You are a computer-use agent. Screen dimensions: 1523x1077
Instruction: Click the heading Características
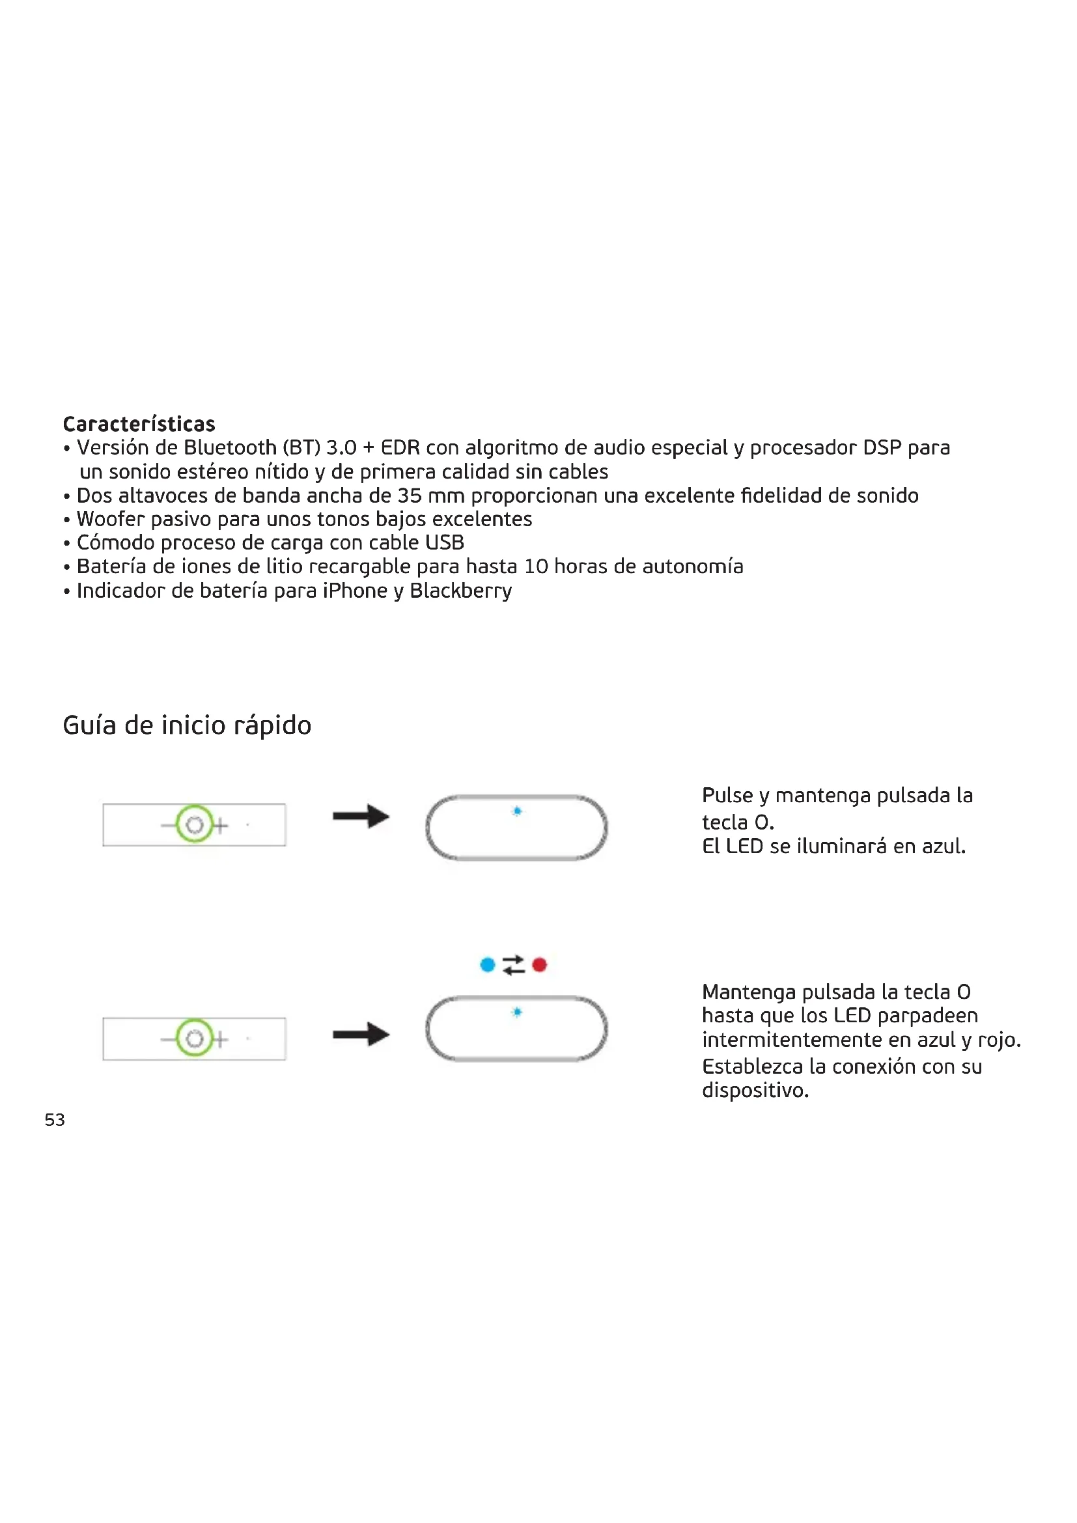tap(139, 423)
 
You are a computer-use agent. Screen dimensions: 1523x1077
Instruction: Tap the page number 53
tap(55, 1120)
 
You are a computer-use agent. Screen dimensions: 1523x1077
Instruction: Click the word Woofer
tap(110, 519)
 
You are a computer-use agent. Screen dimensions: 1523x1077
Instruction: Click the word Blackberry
tap(460, 591)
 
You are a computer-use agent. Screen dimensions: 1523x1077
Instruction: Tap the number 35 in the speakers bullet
tap(409, 496)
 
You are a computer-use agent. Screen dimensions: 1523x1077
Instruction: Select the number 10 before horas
tap(536, 566)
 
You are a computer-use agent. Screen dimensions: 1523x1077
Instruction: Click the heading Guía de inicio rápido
tap(186, 725)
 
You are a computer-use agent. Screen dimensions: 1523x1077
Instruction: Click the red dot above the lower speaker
tap(539, 964)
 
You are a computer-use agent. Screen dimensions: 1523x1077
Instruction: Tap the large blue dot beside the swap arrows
tap(488, 964)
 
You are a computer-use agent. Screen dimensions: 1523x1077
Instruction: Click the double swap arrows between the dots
tap(513, 964)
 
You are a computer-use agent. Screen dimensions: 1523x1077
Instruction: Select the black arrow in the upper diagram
tap(361, 816)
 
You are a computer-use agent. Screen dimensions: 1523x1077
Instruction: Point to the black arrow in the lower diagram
tap(361, 1033)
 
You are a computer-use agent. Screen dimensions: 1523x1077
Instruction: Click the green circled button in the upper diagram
tap(194, 824)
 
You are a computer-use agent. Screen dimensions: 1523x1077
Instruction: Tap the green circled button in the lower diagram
tap(194, 1038)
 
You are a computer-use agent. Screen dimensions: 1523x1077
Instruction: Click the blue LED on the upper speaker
tap(517, 811)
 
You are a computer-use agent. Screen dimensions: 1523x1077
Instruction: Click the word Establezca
tap(752, 1066)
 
